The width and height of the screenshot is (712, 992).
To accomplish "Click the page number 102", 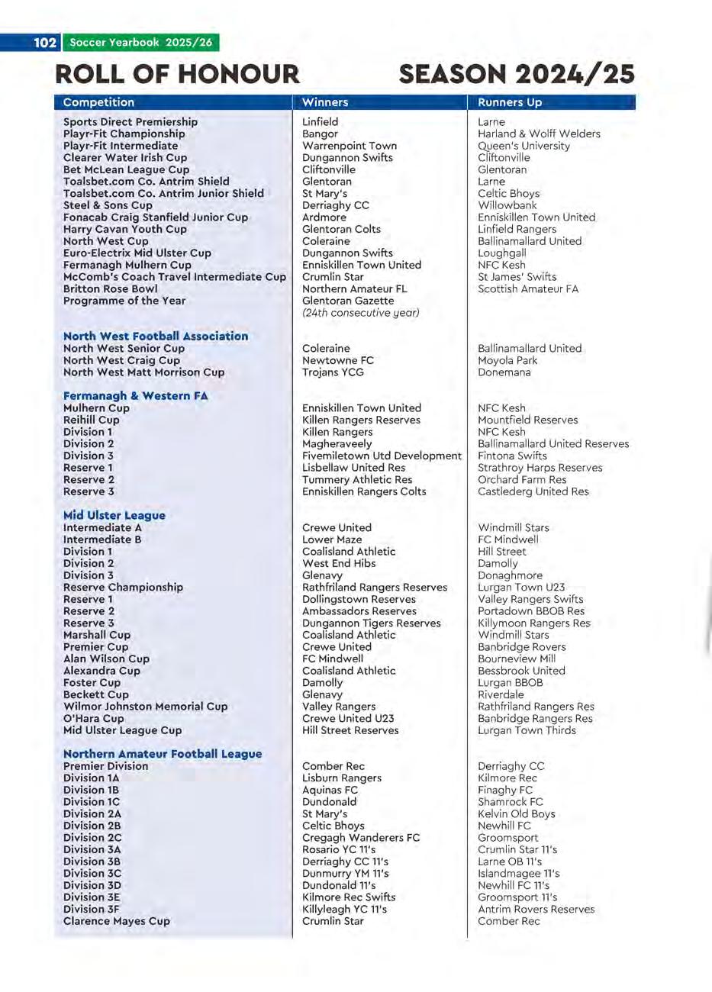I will (45, 43).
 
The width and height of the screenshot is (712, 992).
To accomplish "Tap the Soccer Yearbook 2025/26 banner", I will (141, 43).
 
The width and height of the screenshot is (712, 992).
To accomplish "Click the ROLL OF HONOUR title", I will (178, 74).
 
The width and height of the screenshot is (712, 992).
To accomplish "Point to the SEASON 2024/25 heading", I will (517, 74).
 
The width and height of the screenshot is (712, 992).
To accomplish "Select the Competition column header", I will (98, 102).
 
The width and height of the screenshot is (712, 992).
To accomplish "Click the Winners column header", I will (325, 102).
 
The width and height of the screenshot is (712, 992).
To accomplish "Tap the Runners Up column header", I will (510, 102).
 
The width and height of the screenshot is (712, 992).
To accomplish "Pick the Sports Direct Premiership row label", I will (130, 122).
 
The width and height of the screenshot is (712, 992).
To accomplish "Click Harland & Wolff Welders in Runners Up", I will (539, 134).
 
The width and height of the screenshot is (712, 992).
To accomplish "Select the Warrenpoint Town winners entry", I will (350, 146).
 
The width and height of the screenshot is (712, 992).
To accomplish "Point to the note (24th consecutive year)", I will (361, 312).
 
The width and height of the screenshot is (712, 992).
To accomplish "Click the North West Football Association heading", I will (156, 336).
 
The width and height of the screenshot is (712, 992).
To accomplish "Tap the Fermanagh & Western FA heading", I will (135, 395).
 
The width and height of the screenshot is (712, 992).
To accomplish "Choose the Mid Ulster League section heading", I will (114, 515).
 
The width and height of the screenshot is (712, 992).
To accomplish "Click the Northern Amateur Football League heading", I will (163, 753).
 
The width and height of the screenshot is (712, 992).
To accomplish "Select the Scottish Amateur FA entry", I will (528, 288).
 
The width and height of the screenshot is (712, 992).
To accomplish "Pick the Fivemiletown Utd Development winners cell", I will (382, 456).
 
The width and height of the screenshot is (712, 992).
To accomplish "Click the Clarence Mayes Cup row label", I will (117, 921).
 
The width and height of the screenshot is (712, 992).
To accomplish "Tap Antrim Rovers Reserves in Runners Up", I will (536, 909).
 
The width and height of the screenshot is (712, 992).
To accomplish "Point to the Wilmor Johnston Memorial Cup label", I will (145, 707).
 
